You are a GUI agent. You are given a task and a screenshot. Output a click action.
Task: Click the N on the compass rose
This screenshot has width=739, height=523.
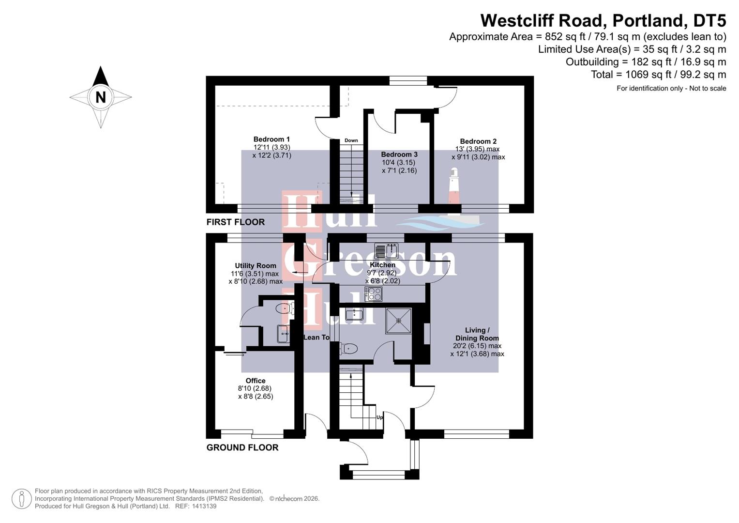pyautogui.click(x=100, y=97)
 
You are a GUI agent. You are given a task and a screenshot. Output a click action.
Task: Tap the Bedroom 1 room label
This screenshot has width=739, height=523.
pyautogui.click(x=271, y=139)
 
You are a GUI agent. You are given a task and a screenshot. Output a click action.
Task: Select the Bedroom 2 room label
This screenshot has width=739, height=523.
pyautogui.click(x=478, y=141)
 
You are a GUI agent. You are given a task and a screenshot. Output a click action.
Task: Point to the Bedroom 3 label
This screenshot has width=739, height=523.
pyautogui.click(x=399, y=154)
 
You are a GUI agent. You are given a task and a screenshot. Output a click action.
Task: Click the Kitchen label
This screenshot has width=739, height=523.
pyautogui.click(x=382, y=265)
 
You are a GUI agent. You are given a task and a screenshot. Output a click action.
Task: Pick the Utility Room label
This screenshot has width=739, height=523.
pyautogui.click(x=256, y=265)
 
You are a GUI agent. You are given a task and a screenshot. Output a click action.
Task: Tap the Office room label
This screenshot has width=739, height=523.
pyautogui.click(x=255, y=381)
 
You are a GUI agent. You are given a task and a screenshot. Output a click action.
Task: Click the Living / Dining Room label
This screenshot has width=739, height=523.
pyautogui.click(x=477, y=334)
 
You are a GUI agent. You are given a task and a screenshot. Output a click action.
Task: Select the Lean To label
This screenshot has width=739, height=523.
pyautogui.click(x=316, y=337)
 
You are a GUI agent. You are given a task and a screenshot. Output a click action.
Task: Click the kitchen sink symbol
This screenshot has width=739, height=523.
pyautogui.click(x=386, y=251)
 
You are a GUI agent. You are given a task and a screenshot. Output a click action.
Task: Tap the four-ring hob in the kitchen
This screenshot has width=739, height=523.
pyautogui.click(x=374, y=294)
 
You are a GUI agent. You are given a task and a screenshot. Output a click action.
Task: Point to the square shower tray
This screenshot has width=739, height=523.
pyautogui.click(x=398, y=321)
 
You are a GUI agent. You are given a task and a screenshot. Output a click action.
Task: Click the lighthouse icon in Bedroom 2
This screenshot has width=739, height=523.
pyautogui.click(x=454, y=186)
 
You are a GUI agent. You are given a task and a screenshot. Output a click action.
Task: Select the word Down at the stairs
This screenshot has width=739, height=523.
pyautogui.click(x=351, y=140)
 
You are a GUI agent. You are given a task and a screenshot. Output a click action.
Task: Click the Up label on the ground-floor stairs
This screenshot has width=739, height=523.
pyautogui.click(x=379, y=417)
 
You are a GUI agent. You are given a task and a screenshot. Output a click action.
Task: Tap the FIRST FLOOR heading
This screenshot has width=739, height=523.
pyautogui.click(x=235, y=222)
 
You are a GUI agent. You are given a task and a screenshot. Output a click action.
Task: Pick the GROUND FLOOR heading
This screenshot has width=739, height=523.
pyautogui.click(x=242, y=447)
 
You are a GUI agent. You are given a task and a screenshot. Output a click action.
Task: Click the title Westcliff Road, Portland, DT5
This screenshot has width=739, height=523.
pyautogui.click(x=603, y=20)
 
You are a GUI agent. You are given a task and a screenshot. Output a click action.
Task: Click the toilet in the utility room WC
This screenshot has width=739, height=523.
pyautogui.click(x=285, y=308)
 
